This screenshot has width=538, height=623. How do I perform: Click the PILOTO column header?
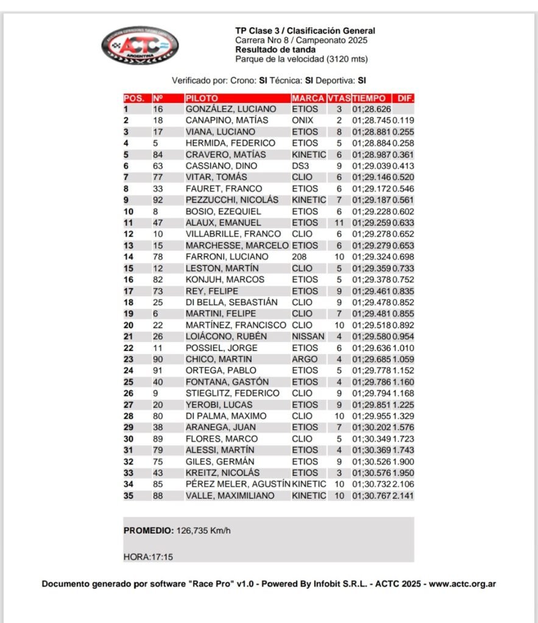click(x=202, y=98)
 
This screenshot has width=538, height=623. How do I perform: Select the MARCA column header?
click(x=308, y=98)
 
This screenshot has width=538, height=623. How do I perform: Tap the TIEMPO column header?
click(x=369, y=98)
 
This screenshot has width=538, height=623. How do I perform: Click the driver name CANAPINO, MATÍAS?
click(x=227, y=120)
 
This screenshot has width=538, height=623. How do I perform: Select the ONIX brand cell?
click(x=302, y=120)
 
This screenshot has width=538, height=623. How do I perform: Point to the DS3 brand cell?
click(x=299, y=166)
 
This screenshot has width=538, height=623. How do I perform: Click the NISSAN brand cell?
click(x=307, y=336)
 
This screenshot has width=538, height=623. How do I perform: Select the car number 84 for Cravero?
click(x=158, y=155)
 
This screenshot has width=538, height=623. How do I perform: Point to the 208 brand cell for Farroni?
click(x=299, y=257)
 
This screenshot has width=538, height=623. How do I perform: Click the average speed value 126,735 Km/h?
click(x=204, y=531)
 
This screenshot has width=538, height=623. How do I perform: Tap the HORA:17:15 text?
click(x=148, y=556)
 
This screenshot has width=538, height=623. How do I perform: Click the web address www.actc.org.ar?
click(x=462, y=584)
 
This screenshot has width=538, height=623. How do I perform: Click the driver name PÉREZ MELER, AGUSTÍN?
click(x=238, y=484)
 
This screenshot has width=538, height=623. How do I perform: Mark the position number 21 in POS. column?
click(x=129, y=336)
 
